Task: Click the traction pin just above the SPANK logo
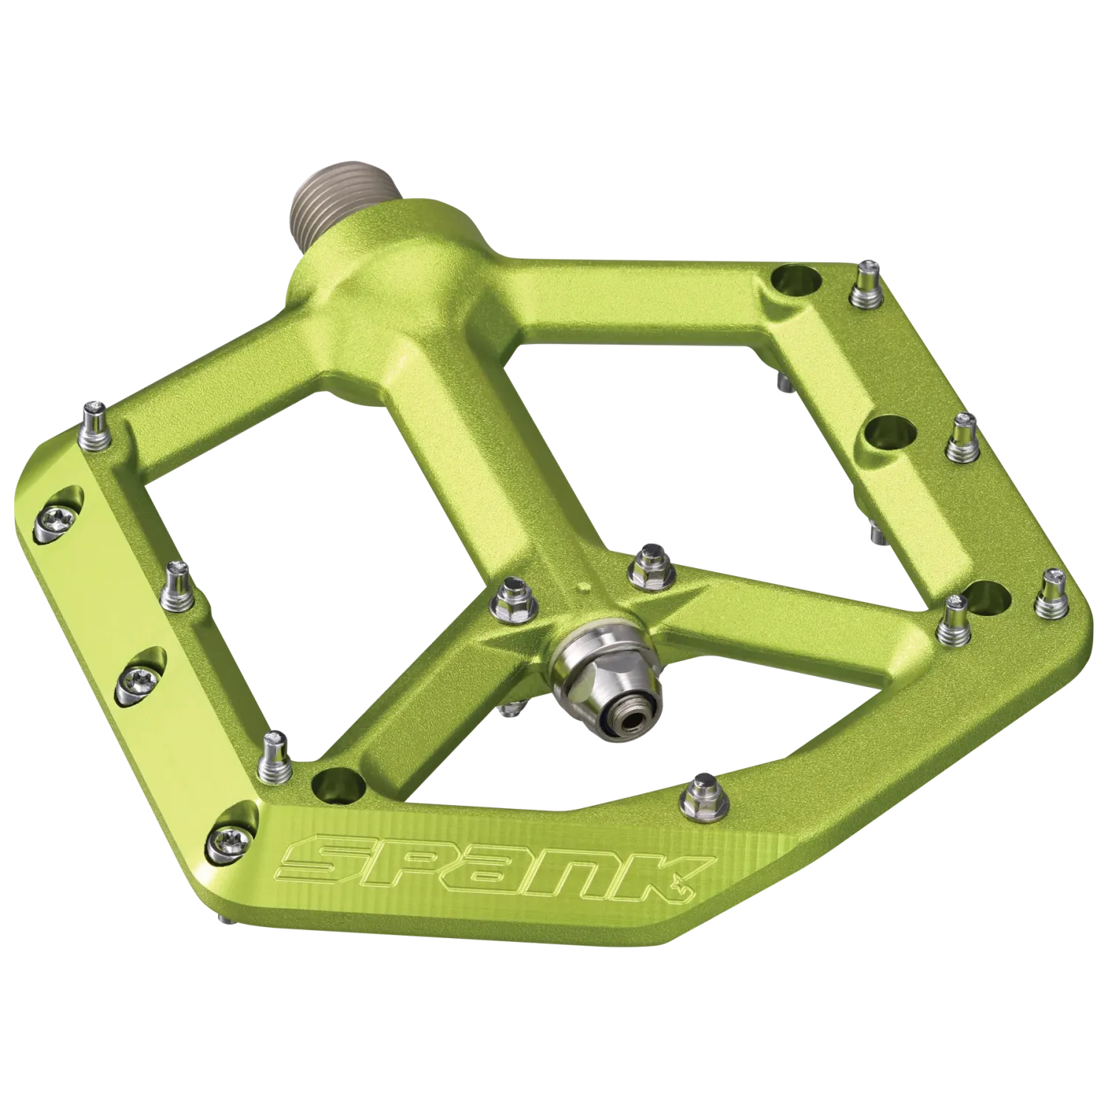click(698, 794)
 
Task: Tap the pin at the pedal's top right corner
click(862, 287)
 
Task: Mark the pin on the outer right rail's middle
click(962, 441)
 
